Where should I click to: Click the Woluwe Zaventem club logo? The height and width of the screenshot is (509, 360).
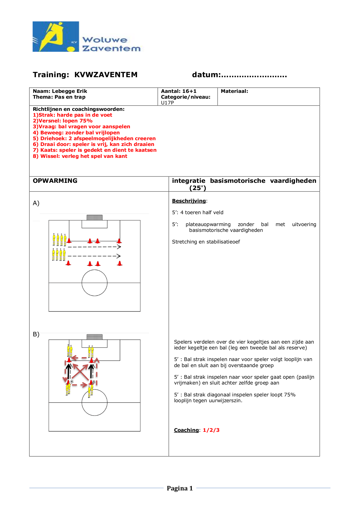coord(86,37)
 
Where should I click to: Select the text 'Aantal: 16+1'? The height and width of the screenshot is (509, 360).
coord(178,91)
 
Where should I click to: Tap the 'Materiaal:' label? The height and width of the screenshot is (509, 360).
coord(234,91)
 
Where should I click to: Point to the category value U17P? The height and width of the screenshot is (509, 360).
coord(167,103)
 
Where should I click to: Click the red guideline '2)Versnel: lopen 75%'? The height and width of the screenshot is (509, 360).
coord(63,121)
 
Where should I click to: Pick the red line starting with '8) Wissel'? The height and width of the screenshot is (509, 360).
coord(80,156)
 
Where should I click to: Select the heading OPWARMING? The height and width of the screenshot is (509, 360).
coord(55,181)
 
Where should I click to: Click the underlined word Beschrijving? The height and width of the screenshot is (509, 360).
coord(189,201)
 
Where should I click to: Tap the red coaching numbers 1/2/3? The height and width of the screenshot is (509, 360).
coord(211,430)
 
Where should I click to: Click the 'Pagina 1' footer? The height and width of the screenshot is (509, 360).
coord(180,488)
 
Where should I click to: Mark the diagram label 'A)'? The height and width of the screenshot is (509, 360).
coord(36,203)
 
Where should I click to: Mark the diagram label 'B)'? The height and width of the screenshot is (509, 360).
coord(36,334)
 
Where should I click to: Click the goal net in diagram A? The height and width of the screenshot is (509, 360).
coord(95,217)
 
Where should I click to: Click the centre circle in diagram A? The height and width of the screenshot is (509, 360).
coord(95,283)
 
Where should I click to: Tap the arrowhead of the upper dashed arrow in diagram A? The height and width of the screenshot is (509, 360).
coord(119,247)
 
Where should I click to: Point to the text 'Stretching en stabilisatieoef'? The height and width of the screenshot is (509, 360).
coord(206,242)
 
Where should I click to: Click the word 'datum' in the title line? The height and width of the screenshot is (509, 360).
coord(205,75)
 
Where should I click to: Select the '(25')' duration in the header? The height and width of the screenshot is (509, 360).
coord(198,188)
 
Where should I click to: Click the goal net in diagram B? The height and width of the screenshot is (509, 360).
coord(95,337)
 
